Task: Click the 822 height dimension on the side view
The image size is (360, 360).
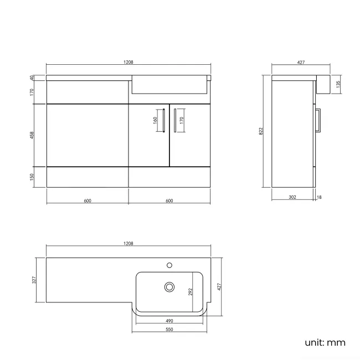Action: pyautogui.click(x=261, y=131)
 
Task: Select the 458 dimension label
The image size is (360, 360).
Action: pyautogui.click(x=32, y=135)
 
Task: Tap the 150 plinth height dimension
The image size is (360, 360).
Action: pyautogui.click(x=32, y=176)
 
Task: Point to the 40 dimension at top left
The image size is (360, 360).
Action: pyautogui.click(x=32, y=78)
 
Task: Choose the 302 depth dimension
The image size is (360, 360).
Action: pyautogui.click(x=293, y=197)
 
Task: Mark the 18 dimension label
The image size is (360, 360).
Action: pyautogui.click(x=320, y=197)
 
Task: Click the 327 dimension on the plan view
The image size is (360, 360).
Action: pyautogui.click(x=34, y=280)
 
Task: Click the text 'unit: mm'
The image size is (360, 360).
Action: pyautogui.click(x=325, y=342)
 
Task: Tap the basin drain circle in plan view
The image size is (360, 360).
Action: pyautogui.click(x=169, y=287)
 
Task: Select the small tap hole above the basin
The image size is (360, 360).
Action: pyautogui.click(x=170, y=264)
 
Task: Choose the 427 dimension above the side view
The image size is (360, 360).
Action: pyautogui.click(x=301, y=63)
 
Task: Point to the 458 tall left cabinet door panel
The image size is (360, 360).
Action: pyautogui.click(x=88, y=135)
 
